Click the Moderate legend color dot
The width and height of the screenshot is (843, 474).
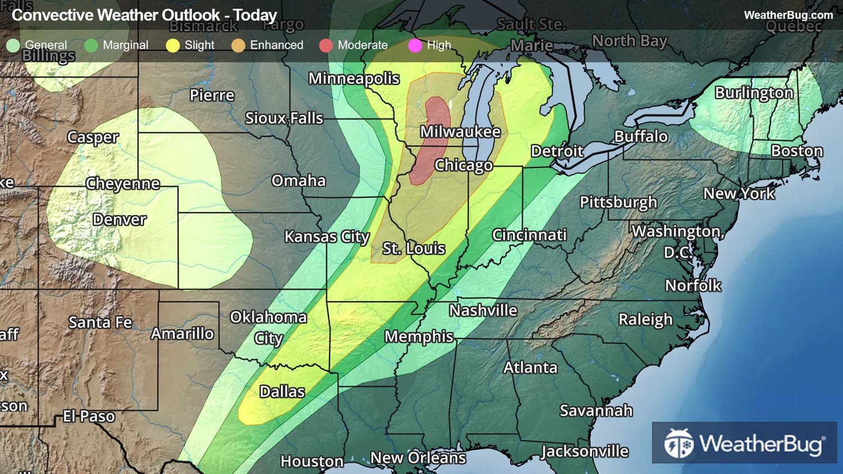[326, 45]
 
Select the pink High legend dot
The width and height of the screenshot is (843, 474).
[415, 45]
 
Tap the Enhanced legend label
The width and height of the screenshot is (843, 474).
[277, 45]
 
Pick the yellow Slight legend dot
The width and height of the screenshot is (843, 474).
[173, 45]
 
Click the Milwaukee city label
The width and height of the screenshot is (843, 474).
[460, 132]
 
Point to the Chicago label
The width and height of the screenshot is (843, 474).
[464, 166]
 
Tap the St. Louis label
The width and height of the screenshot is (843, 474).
[414, 248]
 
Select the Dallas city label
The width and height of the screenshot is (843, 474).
[282, 391]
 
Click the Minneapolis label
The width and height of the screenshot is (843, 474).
[354, 79]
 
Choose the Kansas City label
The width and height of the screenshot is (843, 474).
[327, 237]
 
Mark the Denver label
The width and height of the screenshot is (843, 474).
[120, 220]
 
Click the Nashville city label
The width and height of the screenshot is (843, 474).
[483, 311]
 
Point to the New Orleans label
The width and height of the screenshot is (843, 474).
[418, 458]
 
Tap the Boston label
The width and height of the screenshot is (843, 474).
[796, 151]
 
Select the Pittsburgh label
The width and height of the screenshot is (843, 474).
[618, 202]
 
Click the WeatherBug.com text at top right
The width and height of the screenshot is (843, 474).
[788, 15]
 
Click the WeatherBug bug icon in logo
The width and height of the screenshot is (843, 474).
[678, 444]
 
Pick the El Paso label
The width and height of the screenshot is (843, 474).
[89, 416]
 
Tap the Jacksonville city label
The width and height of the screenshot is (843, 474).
[584, 452]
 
